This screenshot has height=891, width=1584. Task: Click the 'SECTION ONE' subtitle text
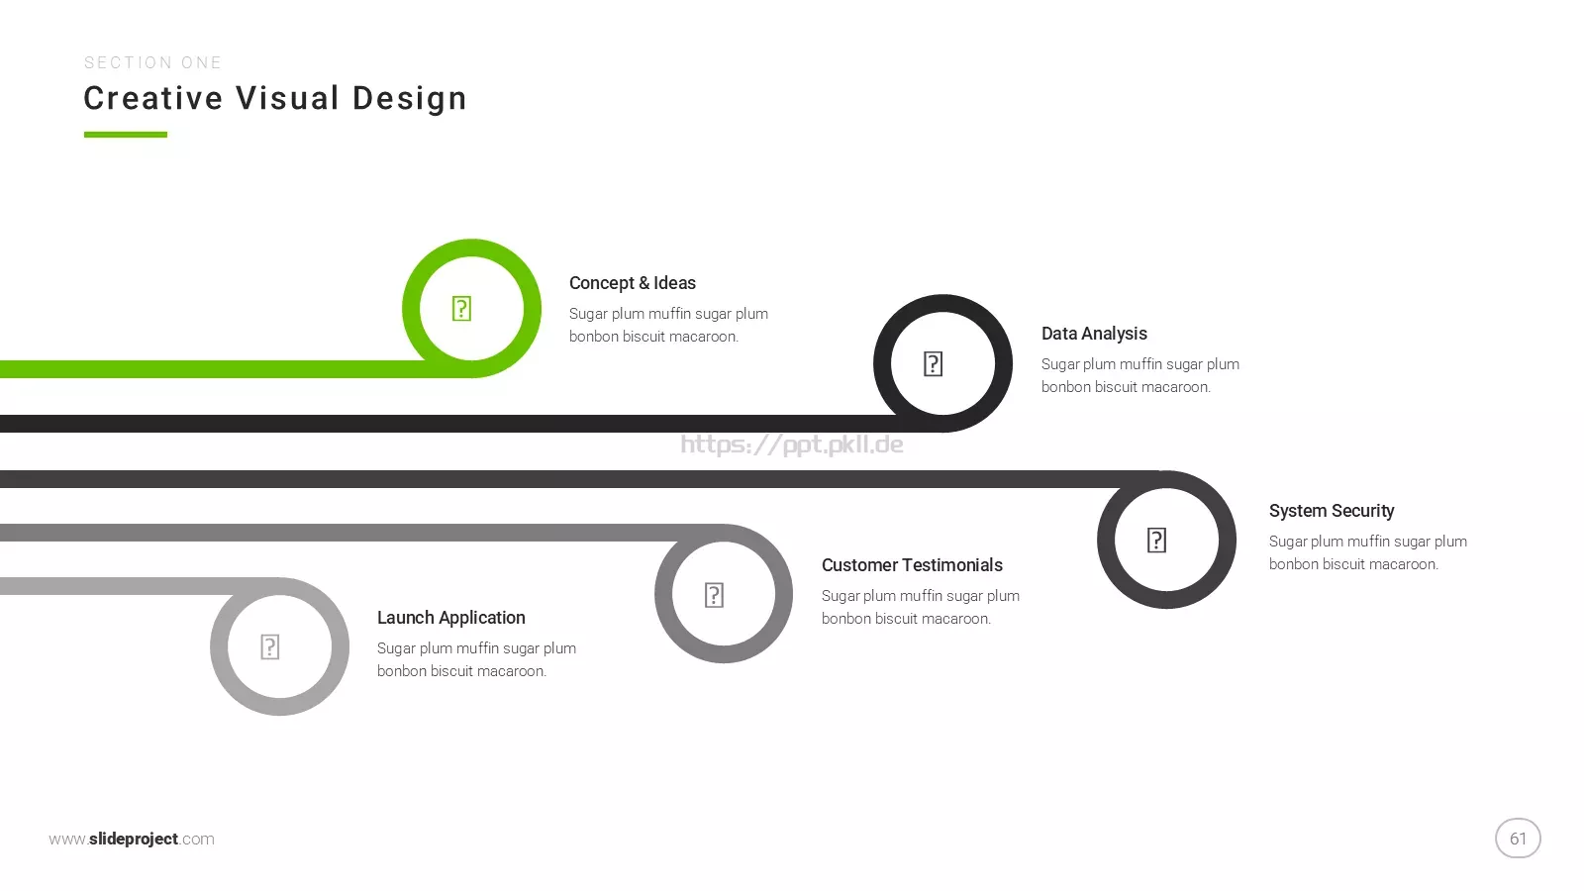point(152,63)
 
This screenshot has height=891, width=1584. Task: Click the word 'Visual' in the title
point(288,98)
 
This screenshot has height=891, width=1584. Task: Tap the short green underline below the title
point(125,135)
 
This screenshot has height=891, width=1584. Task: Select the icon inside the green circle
point(461,309)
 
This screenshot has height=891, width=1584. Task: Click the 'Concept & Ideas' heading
point(633,283)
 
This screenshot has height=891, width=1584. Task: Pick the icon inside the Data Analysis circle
point(933,364)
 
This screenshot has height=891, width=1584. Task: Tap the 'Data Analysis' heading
point(1094,333)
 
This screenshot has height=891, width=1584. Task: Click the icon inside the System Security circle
point(1156,541)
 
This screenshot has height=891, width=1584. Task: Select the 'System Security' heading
point(1331,511)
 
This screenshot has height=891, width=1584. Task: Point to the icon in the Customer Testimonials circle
point(714,595)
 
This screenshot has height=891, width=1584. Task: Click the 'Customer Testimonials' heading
point(912,565)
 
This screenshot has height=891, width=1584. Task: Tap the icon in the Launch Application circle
point(269,647)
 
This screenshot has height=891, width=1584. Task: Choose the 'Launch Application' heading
point(450,618)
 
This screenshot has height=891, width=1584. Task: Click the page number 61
point(1518,839)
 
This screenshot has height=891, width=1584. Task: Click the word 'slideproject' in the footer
point(134,839)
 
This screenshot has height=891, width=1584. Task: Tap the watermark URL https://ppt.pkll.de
point(791,445)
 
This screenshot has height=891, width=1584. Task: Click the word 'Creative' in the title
point(153,98)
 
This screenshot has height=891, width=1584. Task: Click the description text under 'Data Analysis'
point(1139,375)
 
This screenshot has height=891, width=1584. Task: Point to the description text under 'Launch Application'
point(476,659)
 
